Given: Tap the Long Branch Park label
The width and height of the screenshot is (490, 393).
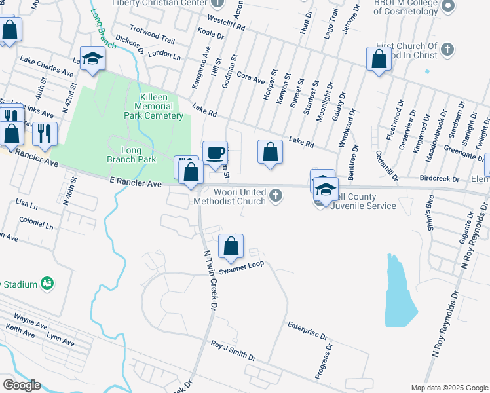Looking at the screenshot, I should [131, 155].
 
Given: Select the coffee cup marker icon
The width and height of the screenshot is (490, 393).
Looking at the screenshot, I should [215, 154].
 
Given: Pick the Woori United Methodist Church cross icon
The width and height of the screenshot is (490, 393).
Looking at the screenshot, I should [277, 195].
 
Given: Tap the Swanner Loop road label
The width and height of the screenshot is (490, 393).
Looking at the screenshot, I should [242, 269].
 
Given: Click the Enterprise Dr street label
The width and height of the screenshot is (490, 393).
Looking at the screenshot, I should [307, 330].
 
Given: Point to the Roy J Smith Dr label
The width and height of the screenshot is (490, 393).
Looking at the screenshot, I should [233, 350].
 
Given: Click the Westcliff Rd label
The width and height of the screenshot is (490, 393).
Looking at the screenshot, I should [225, 24].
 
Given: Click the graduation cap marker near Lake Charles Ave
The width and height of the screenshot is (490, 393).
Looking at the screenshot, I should [92, 58].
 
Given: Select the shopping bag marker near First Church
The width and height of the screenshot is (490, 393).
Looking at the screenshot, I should [379, 60].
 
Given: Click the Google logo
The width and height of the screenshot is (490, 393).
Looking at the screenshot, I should [22, 384].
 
